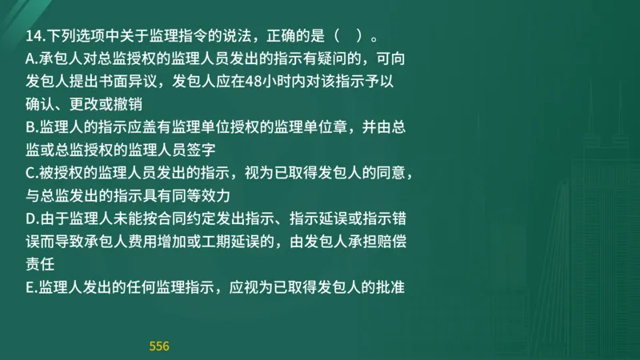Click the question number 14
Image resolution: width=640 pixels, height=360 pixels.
click(x=33, y=37)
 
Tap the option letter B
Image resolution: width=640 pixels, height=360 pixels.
click(x=31, y=126)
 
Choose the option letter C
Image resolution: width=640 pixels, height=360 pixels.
click(x=31, y=172)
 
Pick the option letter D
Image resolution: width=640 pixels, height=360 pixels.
click(x=31, y=218)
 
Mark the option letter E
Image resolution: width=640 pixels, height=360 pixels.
click(x=30, y=286)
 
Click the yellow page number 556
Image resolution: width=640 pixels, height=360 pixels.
click(x=159, y=346)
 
